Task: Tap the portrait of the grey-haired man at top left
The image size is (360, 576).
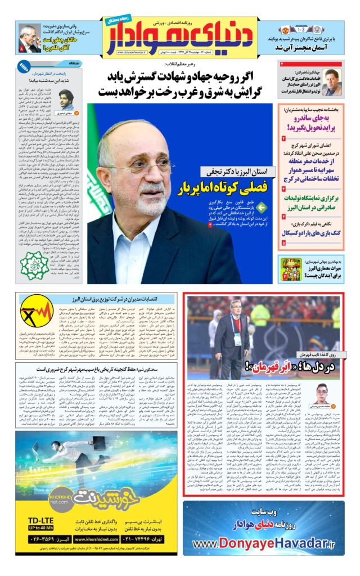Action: [x=30, y=38]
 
